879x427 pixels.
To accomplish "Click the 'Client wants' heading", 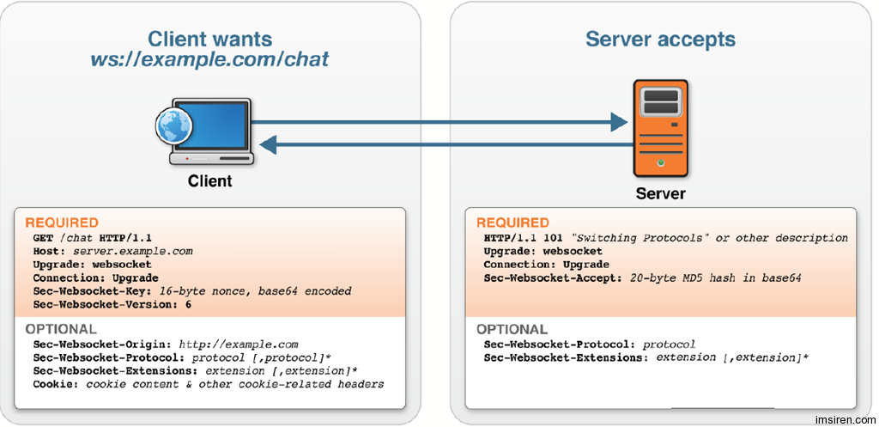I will coord(209,39).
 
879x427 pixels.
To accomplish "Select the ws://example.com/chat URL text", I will coord(209,59).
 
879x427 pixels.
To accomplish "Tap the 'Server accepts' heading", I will coord(660,39).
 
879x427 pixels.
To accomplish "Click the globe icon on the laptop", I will coord(173,127).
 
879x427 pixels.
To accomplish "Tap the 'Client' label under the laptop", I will coord(209,181).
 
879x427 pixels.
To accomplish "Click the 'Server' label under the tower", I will coord(660,193).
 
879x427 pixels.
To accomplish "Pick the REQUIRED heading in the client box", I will coord(62,223).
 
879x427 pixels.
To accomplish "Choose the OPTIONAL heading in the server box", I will coord(512,329).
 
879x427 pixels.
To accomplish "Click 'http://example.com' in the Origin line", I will coord(250,345).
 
